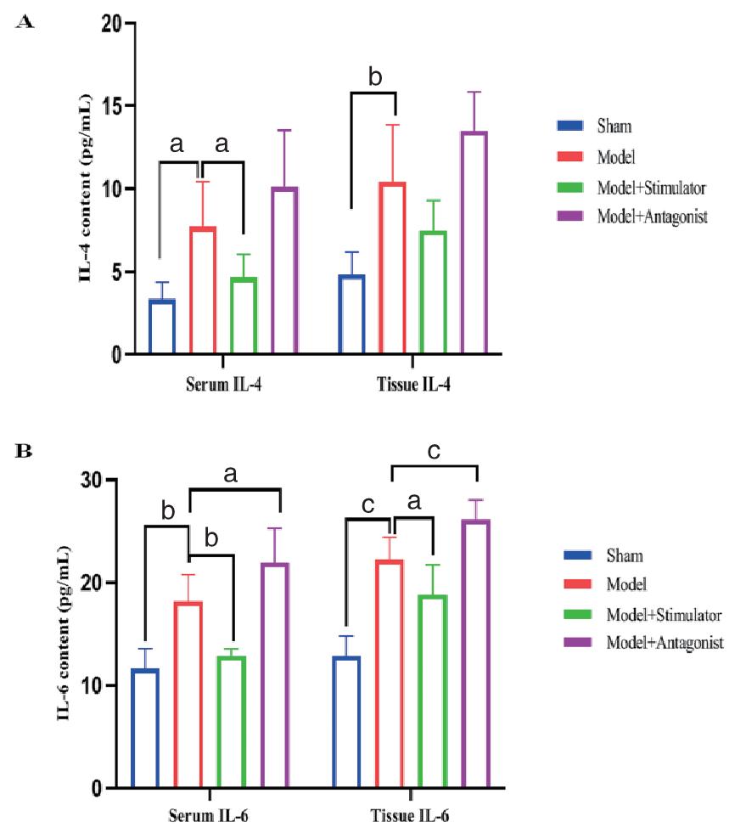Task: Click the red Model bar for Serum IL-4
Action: (202, 290)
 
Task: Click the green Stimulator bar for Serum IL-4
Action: (244, 315)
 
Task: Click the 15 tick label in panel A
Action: (114, 106)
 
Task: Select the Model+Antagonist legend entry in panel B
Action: (664, 643)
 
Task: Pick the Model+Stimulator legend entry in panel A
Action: (652, 187)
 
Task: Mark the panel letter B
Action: (25, 451)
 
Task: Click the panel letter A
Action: (25, 22)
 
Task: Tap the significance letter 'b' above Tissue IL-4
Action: (374, 77)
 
